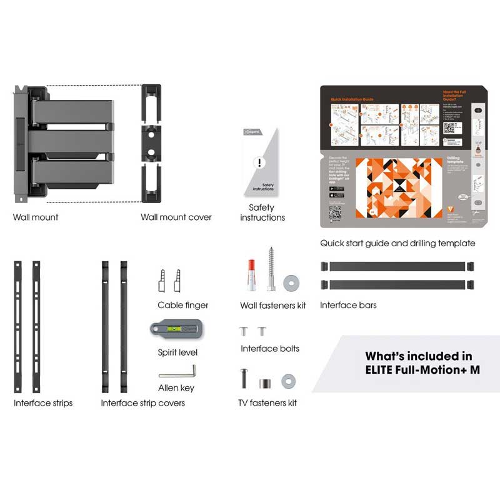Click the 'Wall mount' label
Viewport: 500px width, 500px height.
36,217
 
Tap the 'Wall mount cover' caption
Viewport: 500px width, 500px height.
176,217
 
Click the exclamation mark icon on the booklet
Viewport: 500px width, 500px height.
261,164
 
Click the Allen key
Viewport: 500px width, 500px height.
177,372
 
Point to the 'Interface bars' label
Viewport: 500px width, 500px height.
348,306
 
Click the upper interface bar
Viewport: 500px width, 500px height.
397,266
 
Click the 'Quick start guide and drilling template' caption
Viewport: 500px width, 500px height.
397,243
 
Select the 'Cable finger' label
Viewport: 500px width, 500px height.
183,306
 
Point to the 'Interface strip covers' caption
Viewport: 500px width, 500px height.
142,403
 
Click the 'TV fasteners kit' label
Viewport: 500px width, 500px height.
267,403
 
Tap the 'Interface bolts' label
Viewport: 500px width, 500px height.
270,349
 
